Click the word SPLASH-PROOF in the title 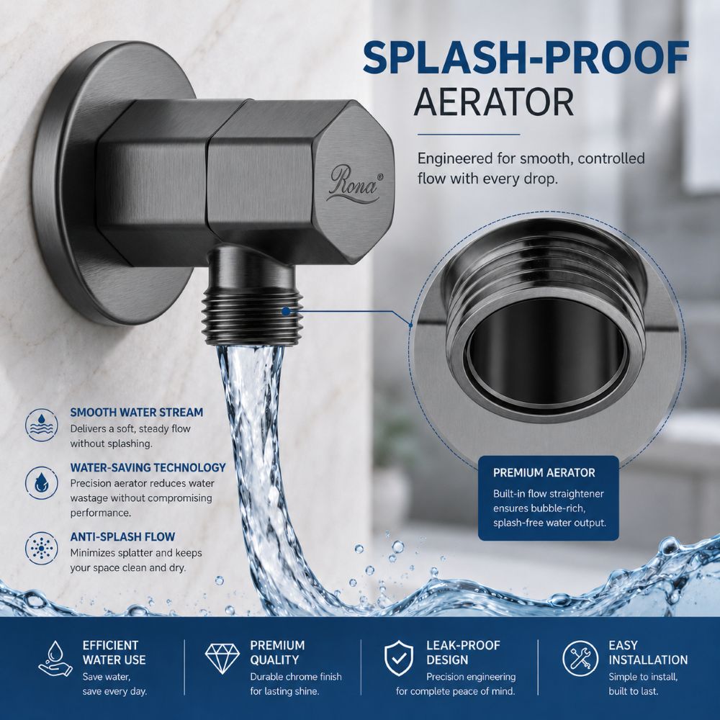tap(526, 58)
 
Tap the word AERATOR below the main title tap(494, 102)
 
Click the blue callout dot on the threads tap(286, 311)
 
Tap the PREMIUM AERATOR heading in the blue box tap(544, 473)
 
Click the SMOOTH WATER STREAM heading tap(136, 413)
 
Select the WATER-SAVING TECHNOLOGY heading tap(148, 467)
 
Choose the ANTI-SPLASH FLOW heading tap(122, 537)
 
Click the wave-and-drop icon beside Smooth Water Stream tap(41, 426)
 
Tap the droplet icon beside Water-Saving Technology tap(41, 483)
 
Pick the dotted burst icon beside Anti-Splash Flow tap(41, 548)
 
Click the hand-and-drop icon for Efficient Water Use tap(55, 659)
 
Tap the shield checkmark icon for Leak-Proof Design tap(399, 659)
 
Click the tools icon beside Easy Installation tap(580, 659)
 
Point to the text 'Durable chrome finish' tap(296, 677)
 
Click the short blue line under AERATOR tap(469, 135)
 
